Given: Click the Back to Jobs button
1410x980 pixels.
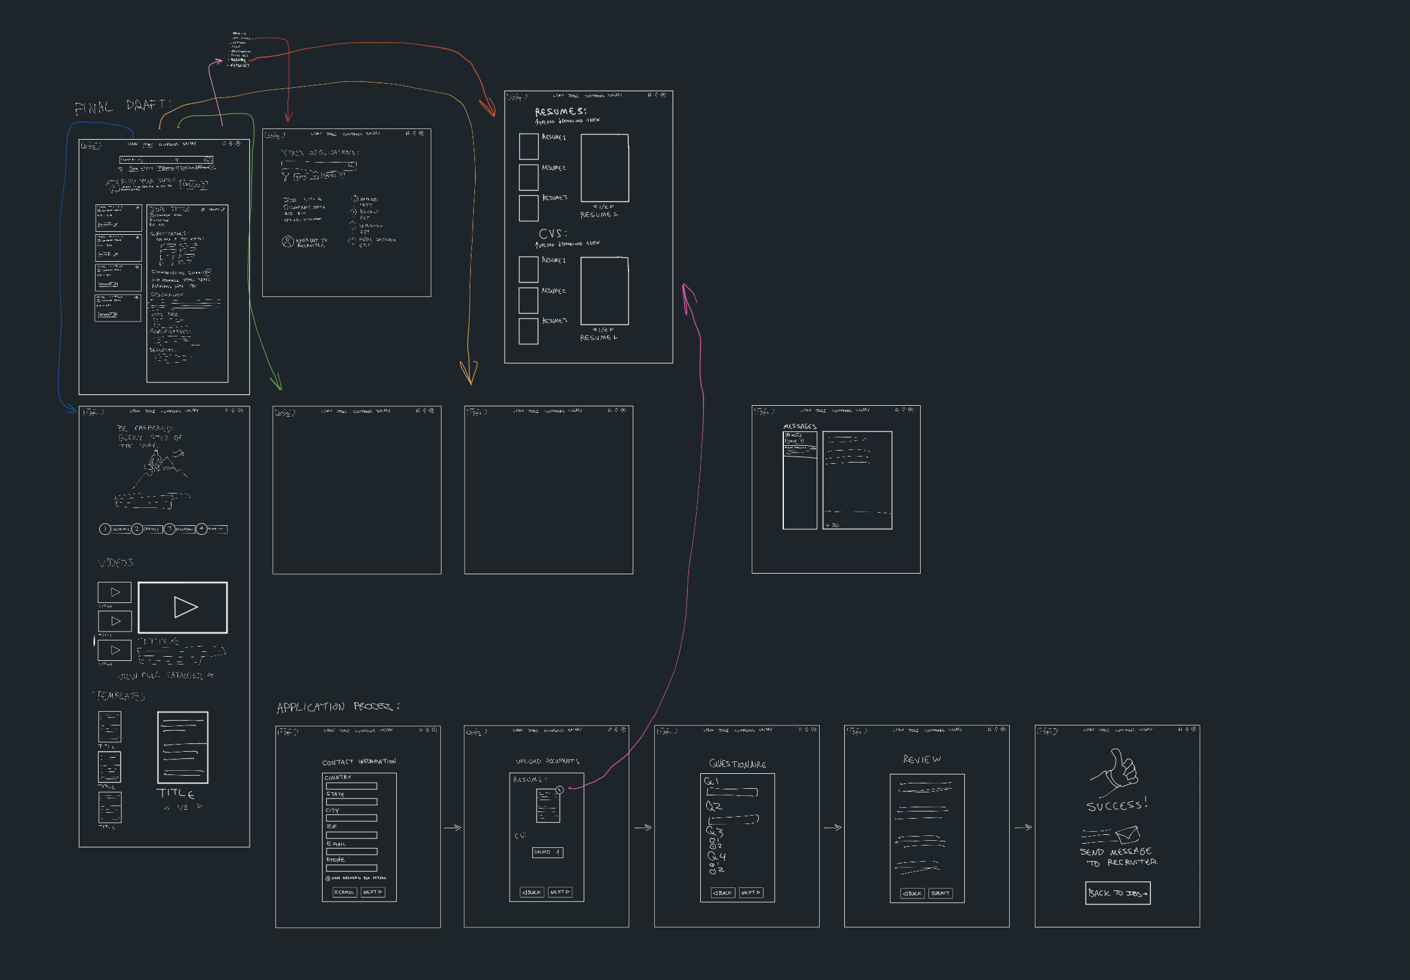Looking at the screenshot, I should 1117,893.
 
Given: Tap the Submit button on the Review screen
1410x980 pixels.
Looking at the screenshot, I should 940,893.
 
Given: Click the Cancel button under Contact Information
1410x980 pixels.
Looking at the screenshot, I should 344,892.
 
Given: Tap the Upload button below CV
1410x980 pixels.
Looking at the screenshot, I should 547,852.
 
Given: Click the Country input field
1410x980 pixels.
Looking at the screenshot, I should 351,786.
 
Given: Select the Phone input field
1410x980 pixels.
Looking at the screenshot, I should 351,868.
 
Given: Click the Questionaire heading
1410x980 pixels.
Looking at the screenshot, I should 737,764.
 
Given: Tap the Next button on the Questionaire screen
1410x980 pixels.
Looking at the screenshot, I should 751,893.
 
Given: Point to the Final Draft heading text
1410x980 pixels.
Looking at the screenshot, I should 122,106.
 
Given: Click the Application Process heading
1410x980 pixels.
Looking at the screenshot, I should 337,707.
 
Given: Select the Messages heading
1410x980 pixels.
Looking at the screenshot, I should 799,426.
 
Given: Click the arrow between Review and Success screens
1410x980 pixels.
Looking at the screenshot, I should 1023,828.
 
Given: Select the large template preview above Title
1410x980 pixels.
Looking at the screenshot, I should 183,748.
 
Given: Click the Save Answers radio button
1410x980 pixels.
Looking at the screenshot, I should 328,878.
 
